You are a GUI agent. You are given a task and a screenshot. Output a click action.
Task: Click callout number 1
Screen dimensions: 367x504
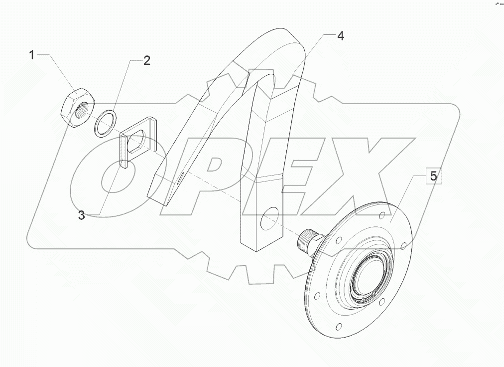32,55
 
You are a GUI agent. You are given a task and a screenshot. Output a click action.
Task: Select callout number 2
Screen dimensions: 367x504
146,61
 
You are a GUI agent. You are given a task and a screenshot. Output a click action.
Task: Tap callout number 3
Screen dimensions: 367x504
81,215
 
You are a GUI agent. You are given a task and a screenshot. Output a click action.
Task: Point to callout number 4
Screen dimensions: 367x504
340,36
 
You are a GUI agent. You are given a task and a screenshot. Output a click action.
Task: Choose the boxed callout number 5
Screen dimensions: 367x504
433,176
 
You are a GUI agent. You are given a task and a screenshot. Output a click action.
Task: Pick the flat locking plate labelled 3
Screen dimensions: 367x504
138,142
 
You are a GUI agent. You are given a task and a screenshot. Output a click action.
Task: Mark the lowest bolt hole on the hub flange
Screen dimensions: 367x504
339,327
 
